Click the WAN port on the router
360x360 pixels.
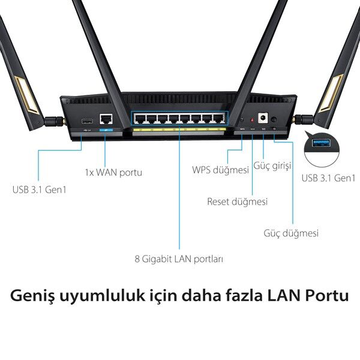(107, 119)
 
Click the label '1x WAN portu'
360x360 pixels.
(113, 173)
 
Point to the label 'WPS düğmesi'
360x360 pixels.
(220, 170)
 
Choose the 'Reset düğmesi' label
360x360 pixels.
(237, 202)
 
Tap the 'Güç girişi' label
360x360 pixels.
(273, 165)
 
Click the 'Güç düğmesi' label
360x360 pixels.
(291, 233)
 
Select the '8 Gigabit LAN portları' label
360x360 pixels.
(179, 259)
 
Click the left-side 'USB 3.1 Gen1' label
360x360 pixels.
(39, 190)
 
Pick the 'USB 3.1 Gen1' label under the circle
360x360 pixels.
(328, 178)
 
